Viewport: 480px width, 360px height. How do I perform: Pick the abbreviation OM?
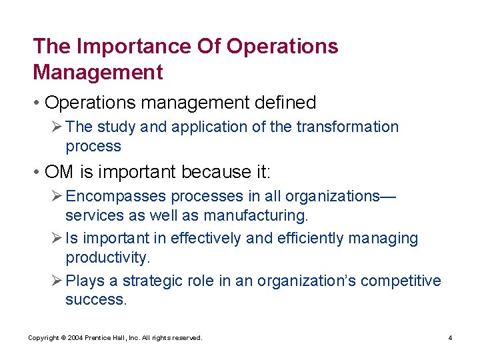(60, 173)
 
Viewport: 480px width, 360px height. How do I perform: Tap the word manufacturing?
(256, 215)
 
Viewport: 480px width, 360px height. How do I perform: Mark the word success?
(95, 300)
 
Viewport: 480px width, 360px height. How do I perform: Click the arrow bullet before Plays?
(57, 281)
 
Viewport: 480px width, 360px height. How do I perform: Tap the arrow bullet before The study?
(57, 127)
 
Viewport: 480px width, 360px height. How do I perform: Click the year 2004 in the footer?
(73, 338)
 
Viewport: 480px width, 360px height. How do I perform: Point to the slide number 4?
(450, 338)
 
